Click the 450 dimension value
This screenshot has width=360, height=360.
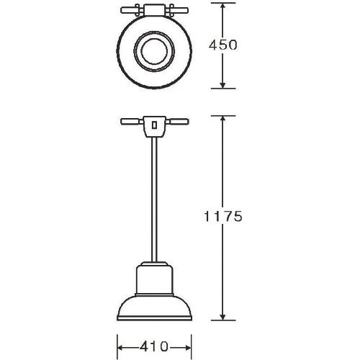point(222,45)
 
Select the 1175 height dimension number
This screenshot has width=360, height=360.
point(222,216)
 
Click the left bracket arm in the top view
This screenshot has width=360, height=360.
point(128,11)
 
